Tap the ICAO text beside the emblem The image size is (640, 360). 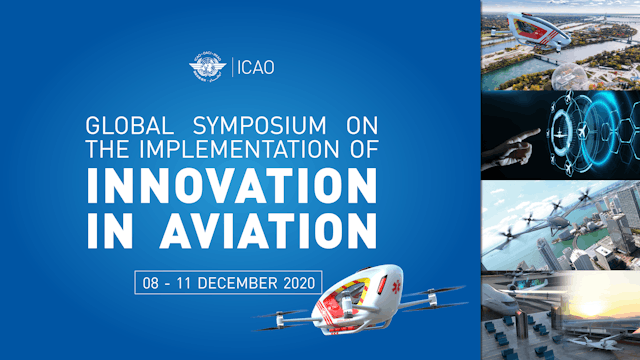click(256, 68)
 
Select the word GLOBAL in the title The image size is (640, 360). click(128, 128)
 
